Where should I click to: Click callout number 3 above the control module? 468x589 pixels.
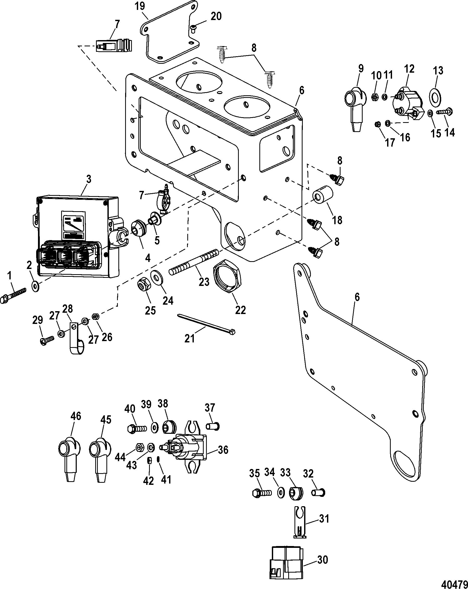click(89, 179)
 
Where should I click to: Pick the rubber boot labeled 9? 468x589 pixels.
click(355, 109)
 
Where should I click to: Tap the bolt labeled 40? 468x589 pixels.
click(137, 428)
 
